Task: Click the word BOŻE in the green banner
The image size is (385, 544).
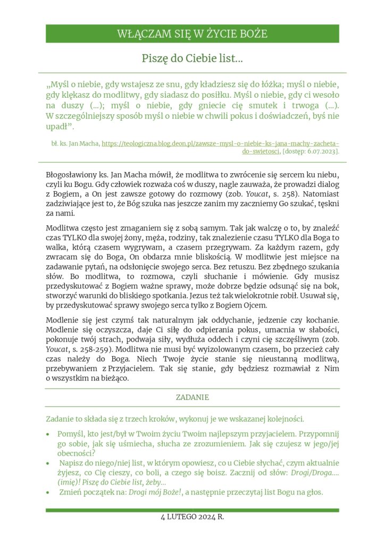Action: pyautogui.click(x=252, y=34)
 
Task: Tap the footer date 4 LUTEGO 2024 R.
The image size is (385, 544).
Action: pyautogui.click(x=192, y=516)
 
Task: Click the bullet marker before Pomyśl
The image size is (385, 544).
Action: pyautogui.click(x=49, y=433)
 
